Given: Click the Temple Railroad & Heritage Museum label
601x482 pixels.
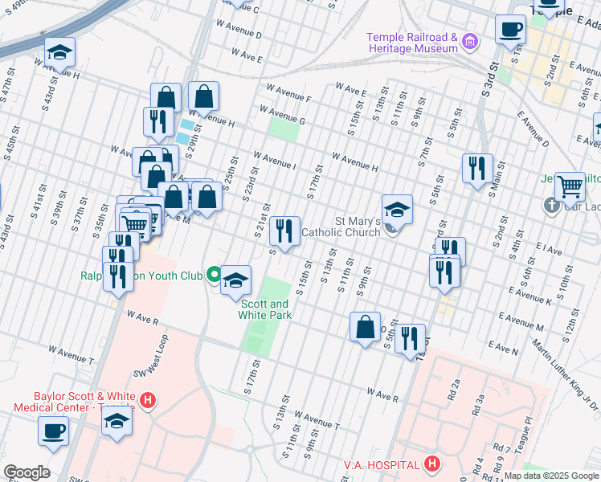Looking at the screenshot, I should (x=412, y=43).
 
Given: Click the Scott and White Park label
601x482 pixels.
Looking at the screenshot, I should (x=263, y=309).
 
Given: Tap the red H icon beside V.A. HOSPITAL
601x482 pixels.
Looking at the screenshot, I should (x=432, y=464).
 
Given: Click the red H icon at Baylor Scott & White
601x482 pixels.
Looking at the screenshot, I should (x=147, y=399).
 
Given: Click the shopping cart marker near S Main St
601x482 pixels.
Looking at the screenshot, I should (x=570, y=186).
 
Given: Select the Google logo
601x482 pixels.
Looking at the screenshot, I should (x=27, y=472).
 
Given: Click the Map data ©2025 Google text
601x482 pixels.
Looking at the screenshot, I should (x=551, y=476).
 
